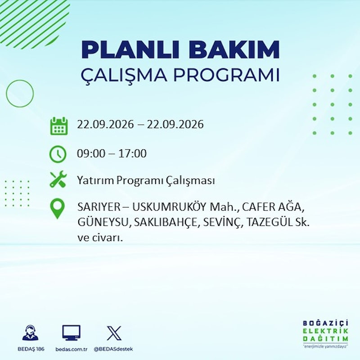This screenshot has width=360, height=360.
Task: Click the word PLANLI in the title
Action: click(130, 49)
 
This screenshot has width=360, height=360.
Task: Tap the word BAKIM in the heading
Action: click(234, 49)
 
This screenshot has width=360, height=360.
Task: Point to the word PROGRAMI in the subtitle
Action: click(227, 75)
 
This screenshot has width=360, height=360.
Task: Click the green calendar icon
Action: click(59, 126)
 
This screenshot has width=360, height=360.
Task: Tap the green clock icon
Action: click(58, 154)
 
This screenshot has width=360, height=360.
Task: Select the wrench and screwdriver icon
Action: click(58, 179)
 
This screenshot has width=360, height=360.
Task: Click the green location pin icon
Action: click(57, 208)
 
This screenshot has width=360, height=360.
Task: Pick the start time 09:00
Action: click(91, 153)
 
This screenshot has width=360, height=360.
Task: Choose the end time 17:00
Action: click(132, 153)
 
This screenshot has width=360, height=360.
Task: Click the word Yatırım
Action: click(95, 180)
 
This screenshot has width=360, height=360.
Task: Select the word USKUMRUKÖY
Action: click(170, 207)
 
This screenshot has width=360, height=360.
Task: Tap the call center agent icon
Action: click(31, 333)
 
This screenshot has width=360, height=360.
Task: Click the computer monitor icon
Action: click(72, 333)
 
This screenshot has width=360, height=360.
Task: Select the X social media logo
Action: click(114, 333)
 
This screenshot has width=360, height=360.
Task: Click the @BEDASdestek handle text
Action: click(113, 349)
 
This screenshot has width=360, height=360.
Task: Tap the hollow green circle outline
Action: click(6, 94)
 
